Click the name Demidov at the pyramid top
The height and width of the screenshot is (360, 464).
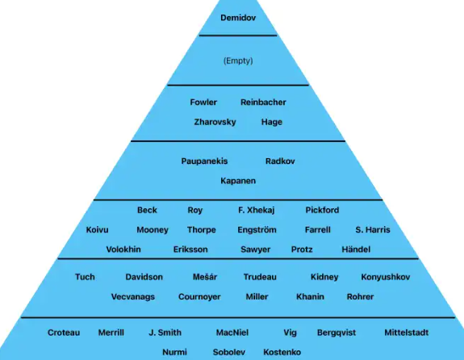point(238,18)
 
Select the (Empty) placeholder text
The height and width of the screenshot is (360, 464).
point(238,61)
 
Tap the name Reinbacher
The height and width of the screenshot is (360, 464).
point(263,103)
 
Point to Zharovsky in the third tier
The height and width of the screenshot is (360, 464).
point(215,122)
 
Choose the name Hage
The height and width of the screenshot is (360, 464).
point(272,122)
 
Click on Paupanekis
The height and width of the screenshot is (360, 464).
point(204,161)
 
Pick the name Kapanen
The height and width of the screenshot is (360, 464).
point(238,181)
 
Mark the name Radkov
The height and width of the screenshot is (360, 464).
point(280,161)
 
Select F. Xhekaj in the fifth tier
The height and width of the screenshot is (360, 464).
point(257,210)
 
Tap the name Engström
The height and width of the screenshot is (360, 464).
point(257,230)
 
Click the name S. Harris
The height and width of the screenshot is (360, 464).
point(373,230)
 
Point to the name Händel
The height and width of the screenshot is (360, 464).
point(356,249)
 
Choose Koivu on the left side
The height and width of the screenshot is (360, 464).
point(97,230)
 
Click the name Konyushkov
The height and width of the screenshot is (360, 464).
point(385,277)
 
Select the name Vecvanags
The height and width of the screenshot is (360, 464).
point(133,297)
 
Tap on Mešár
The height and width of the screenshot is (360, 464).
point(205,277)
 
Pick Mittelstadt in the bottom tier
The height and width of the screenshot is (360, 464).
point(406,333)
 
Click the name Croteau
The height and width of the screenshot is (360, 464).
point(64,333)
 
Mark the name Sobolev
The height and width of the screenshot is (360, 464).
point(228,352)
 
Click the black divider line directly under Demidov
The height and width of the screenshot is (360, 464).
point(238,36)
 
